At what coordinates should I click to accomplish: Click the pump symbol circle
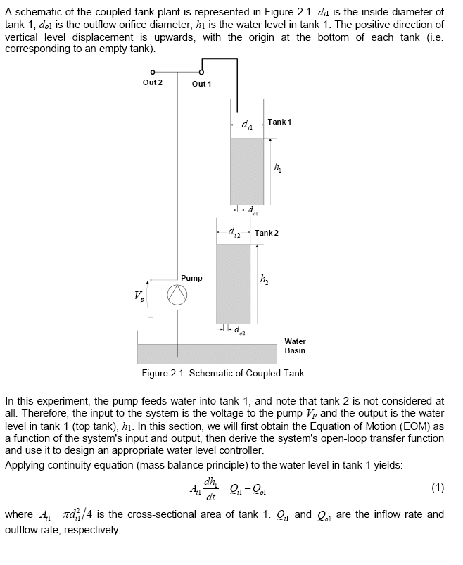177,297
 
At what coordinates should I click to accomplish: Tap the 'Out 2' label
152,82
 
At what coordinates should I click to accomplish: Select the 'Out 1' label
201,84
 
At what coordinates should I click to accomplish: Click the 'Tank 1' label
279,122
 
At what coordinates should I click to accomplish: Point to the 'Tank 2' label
267,233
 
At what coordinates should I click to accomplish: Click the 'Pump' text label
191,278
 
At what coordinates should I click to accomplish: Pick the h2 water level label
264,280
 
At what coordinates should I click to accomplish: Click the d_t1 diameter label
246,127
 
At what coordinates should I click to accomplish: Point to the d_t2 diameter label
234,232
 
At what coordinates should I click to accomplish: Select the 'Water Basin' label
295,345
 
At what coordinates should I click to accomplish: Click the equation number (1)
437,488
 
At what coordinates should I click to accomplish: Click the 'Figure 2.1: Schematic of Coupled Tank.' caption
224,373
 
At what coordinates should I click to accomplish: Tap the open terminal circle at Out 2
152,71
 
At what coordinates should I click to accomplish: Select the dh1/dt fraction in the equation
210,488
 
